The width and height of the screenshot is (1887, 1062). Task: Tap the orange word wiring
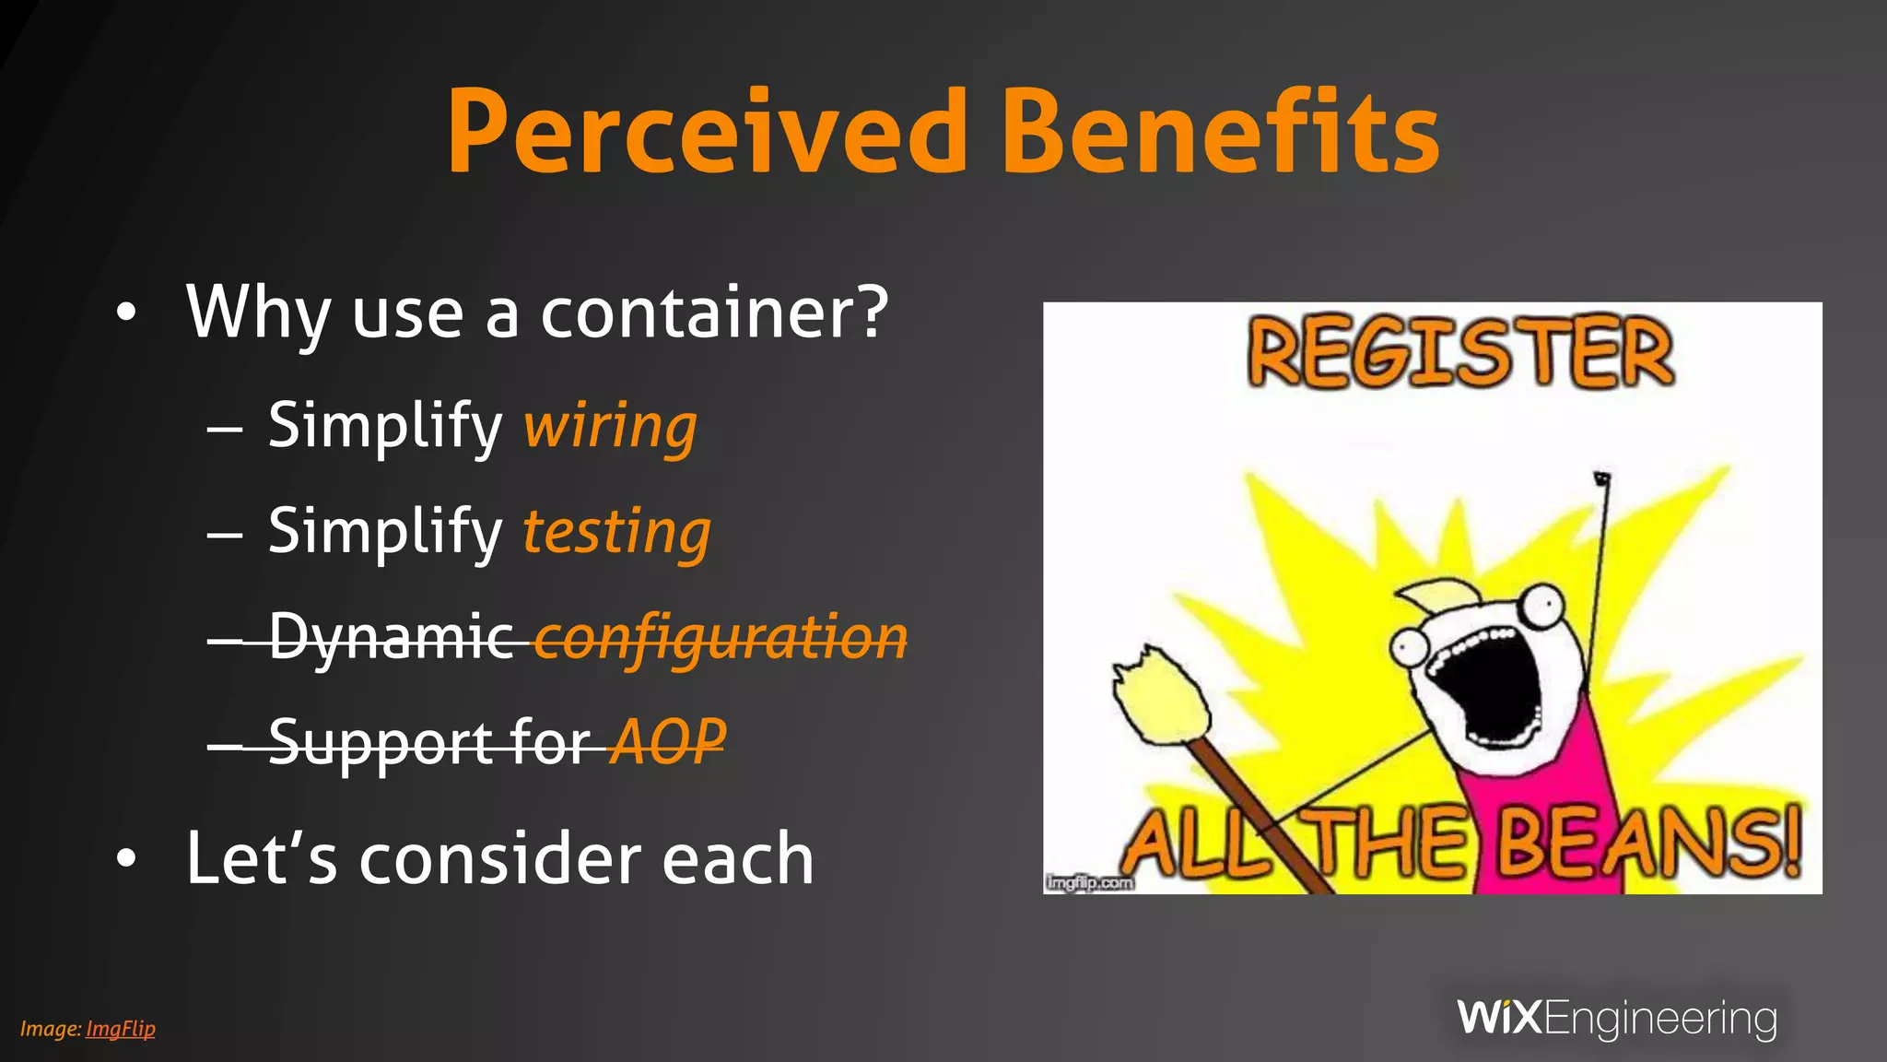coord(610,427)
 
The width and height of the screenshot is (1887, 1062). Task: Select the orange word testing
coord(616,533)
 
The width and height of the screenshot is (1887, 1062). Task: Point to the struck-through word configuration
coord(721,638)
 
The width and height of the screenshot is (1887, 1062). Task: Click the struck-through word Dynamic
coord(392,638)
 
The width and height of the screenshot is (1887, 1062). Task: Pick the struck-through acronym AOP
coord(670,742)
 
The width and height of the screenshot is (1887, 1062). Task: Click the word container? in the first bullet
coord(714,313)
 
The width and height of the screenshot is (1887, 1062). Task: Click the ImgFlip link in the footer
coord(121,1029)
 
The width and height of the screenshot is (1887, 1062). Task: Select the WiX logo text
coord(1499,1018)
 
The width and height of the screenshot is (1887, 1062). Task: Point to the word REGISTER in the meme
coord(1459,353)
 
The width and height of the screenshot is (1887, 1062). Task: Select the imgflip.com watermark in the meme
coord(1089,883)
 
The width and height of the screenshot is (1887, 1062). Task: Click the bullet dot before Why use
coord(126,313)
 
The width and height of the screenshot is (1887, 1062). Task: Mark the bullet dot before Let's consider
coord(126,859)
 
